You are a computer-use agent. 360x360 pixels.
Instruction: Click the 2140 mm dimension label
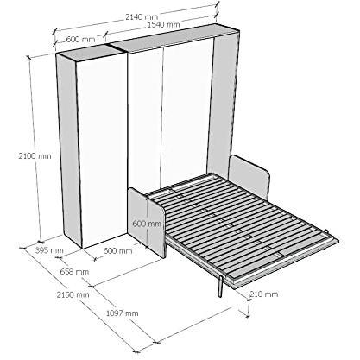pos(142,16)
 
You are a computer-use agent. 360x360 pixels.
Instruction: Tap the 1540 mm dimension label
pos(164,24)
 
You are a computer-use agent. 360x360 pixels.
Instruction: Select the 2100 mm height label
pos(35,156)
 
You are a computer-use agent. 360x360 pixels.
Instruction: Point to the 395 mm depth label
pos(49,250)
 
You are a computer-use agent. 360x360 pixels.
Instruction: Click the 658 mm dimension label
pos(74,271)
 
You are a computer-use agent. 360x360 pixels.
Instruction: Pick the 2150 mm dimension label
pos(73,294)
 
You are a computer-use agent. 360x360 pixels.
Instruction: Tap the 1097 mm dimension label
pos(123,313)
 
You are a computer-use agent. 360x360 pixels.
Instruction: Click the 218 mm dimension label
pos(264,294)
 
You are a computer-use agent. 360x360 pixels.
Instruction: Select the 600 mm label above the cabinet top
pos(80,39)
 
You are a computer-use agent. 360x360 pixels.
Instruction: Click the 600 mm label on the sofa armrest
pos(147,224)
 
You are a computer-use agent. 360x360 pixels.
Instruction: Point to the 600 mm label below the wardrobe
pos(117,251)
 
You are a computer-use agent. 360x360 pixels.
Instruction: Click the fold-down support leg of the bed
pos(221,286)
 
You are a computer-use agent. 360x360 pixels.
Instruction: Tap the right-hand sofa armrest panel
pos(249,176)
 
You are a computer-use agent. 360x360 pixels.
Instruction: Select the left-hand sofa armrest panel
pos(147,222)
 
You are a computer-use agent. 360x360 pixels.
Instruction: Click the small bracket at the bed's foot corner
pos(326,232)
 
